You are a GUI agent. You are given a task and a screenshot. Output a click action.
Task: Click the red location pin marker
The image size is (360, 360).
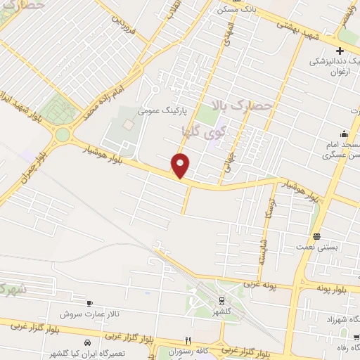pyautogui.click(x=181, y=165)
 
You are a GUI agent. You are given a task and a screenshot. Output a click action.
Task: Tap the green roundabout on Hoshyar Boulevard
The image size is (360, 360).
pyautogui.click(x=63, y=134)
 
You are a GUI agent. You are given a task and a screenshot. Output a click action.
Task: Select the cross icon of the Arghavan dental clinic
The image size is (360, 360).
pyautogui.click(x=340, y=51)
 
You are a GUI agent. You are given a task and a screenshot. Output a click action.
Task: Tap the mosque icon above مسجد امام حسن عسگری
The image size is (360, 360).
pyautogui.click(x=343, y=134)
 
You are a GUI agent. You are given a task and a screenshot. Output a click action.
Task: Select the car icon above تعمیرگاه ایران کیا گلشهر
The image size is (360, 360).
pyautogui.click(x=86, y=342)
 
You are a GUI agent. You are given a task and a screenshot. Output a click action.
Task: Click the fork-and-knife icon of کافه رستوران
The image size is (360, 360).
pyautogui.click(x=186, y=339)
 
